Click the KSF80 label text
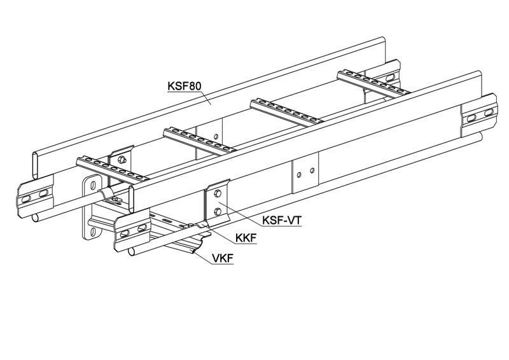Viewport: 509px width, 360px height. coord(184,86)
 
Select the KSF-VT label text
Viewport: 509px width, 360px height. coord(282,221)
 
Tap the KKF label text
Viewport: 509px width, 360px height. coord(246,239)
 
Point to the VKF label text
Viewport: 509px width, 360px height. coord(222,258)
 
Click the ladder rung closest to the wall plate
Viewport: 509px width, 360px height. coord(112,169)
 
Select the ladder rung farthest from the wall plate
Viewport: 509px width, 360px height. coord(373,83)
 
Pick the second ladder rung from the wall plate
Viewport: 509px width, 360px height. coord(200,140)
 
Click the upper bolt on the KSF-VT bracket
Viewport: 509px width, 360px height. coord(218,194)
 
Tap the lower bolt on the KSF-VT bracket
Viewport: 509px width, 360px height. coord(218,212)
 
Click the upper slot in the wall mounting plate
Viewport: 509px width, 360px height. coord(93,186)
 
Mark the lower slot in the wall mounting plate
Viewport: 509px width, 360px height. coord(92,232)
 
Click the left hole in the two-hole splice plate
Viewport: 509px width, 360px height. coord(299,175)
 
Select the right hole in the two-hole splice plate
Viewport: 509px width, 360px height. coord(312,170)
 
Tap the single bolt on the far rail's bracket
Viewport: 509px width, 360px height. coord(122,160)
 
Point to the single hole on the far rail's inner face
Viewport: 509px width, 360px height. coord(215,137)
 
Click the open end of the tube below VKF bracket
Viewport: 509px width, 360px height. coord(132,251)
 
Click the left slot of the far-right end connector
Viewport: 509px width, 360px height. coord(471,118)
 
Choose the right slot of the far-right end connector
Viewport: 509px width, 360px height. coord(489,113)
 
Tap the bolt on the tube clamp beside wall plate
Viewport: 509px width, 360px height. coord(114,199)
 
